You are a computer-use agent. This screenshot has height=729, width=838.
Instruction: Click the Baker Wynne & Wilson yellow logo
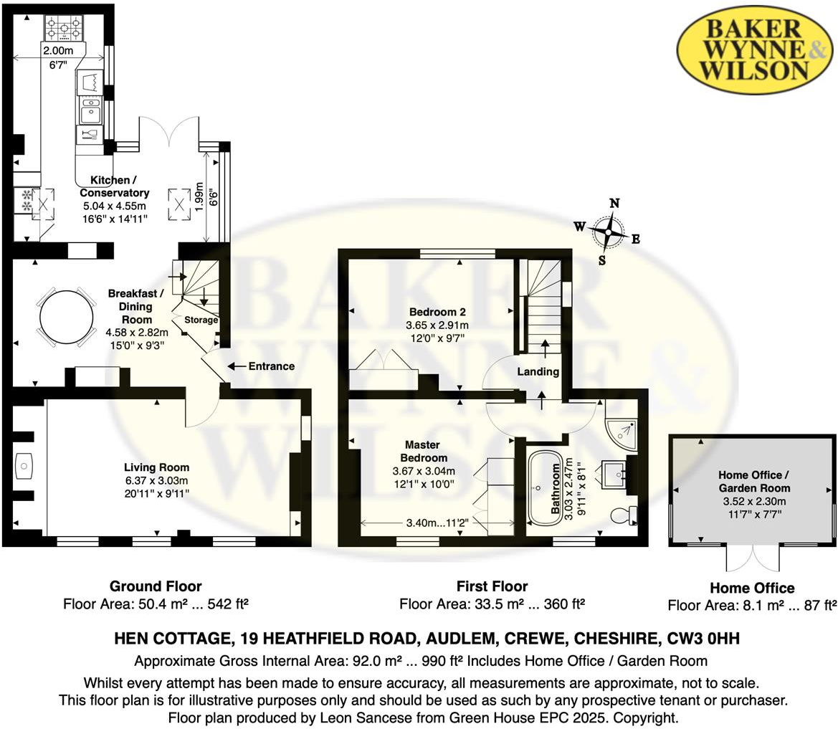point(755,49)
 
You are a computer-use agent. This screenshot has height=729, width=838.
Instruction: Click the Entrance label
point(271,366)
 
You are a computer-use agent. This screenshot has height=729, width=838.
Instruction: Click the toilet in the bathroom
point(621,515)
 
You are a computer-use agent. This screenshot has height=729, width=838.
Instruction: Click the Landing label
point(538,371)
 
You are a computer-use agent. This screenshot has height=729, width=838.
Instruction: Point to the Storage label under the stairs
point(201,320)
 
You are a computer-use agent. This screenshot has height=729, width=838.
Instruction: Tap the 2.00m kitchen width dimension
point(57,51)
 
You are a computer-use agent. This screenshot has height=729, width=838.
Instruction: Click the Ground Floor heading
point(156,586)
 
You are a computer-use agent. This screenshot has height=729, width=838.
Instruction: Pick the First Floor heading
point(492,586)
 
